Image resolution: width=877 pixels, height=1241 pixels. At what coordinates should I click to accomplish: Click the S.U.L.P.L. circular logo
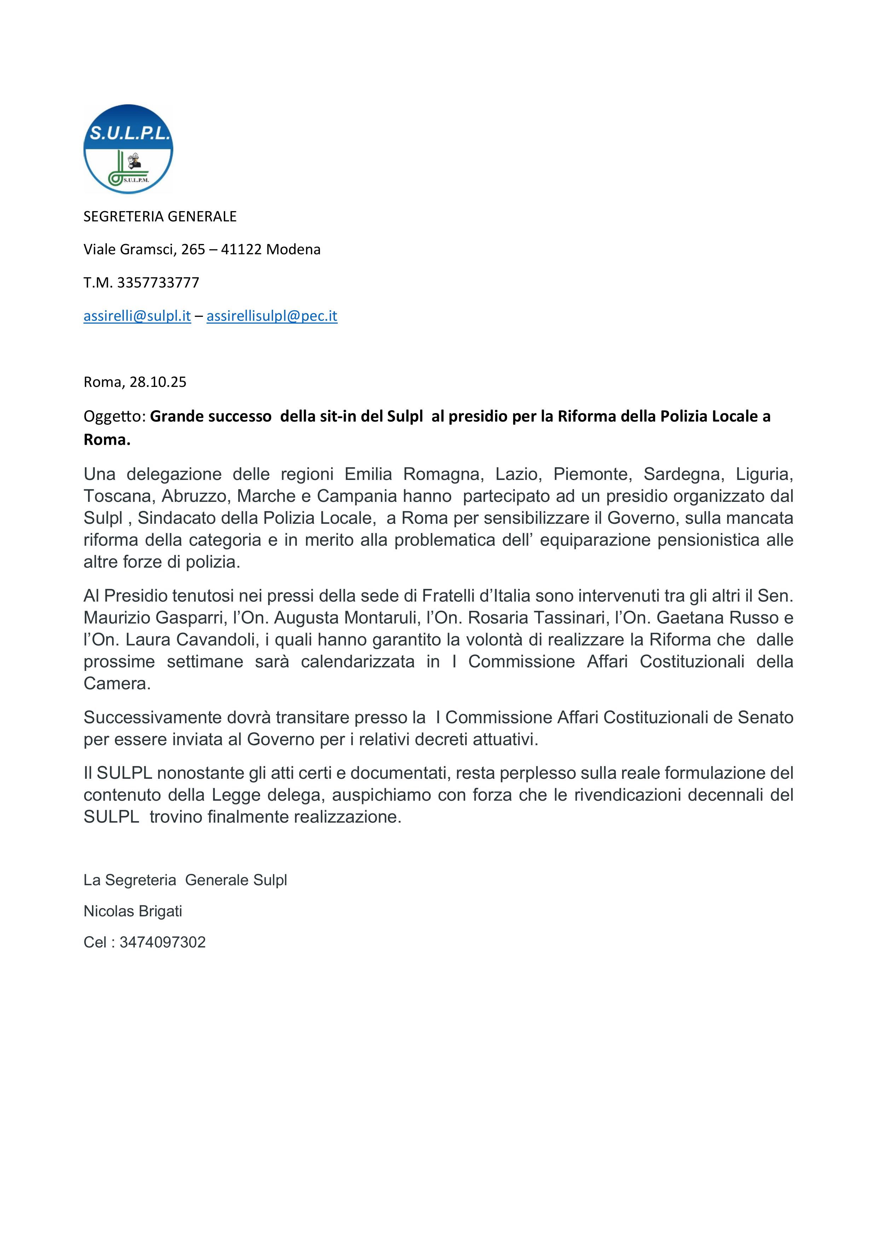(x=128, y=149)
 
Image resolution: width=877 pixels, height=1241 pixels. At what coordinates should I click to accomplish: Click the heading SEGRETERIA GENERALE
(x=160, y=216)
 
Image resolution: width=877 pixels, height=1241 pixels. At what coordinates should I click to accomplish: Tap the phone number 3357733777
(x=158, y=282)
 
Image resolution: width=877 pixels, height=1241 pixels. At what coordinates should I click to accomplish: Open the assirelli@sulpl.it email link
(x=137, y=316)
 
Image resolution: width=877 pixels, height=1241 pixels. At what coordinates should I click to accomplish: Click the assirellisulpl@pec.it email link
(x=272, y=316)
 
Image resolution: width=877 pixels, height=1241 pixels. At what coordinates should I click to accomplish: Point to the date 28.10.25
(x=158, y=382)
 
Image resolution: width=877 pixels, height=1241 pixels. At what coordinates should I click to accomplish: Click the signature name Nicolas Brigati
(x=133, y=911)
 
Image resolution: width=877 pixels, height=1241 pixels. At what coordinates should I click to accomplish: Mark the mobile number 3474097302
(x=162, y=942)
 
